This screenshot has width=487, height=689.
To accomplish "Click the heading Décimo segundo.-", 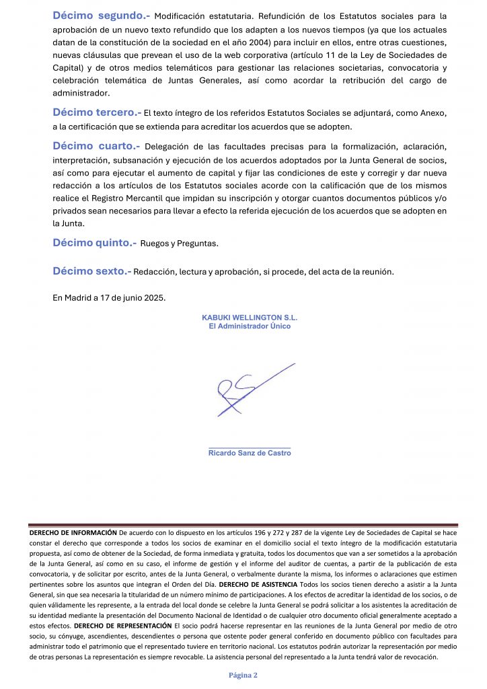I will [102, 15].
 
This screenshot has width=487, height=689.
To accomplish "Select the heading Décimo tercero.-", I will [97, 113].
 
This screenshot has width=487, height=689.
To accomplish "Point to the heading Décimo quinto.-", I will [94, 242].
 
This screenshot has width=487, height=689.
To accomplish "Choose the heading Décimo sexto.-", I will [92, 271].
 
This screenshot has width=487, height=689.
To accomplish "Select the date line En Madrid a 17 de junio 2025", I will [109, 297].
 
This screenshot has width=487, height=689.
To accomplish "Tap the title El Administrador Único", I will [250, 326].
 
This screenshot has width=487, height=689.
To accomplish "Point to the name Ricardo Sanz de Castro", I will [250, 454].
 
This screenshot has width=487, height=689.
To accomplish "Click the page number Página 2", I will [243, 675].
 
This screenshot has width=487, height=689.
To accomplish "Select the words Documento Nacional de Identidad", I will [217, 616].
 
